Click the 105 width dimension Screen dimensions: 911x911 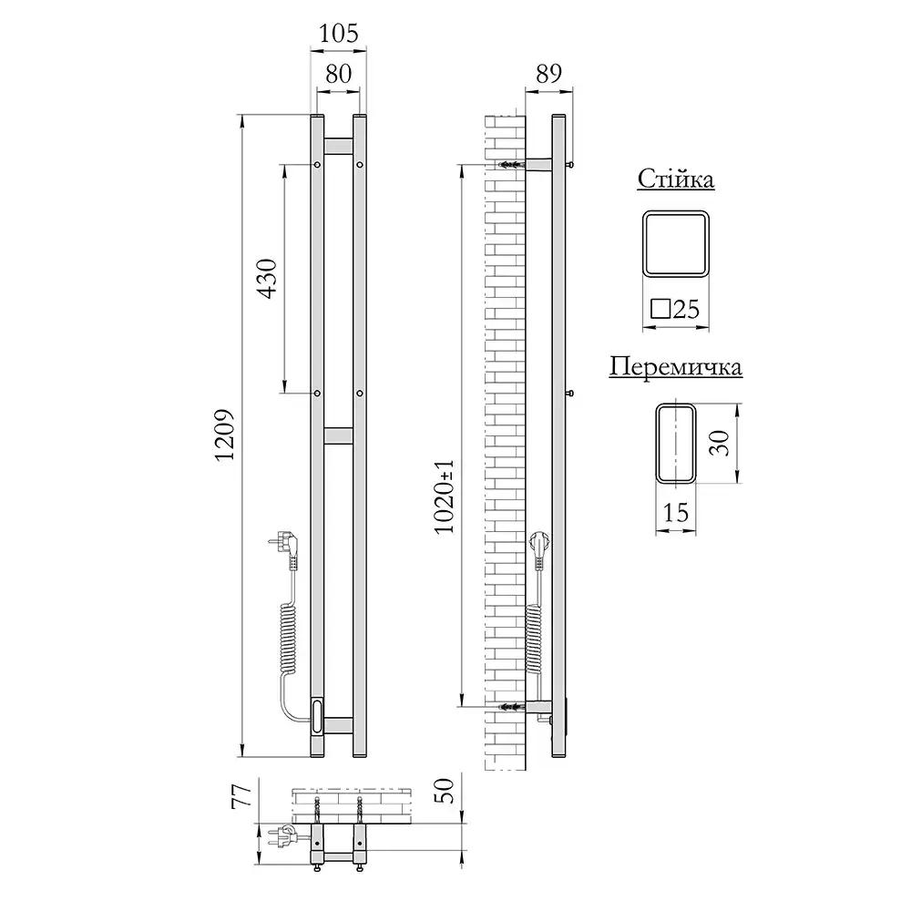pyautogui.click(x=338, y=33)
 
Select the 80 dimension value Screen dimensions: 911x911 pyautogui.click(x=338, y=74)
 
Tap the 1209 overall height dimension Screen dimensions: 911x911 pyautogui.click(x=224, y=435)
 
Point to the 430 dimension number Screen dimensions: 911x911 pyautogui.click(x=268, y=278)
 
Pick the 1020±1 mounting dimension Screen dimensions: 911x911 pyautogui.click(x=445, y=496)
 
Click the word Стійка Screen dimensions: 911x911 pyautogui.click(x=676, y=179)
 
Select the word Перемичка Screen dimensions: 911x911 pyautogui.click(x=676, y=366)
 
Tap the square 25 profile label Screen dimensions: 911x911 pyautogui.click(x=675, y=309)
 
